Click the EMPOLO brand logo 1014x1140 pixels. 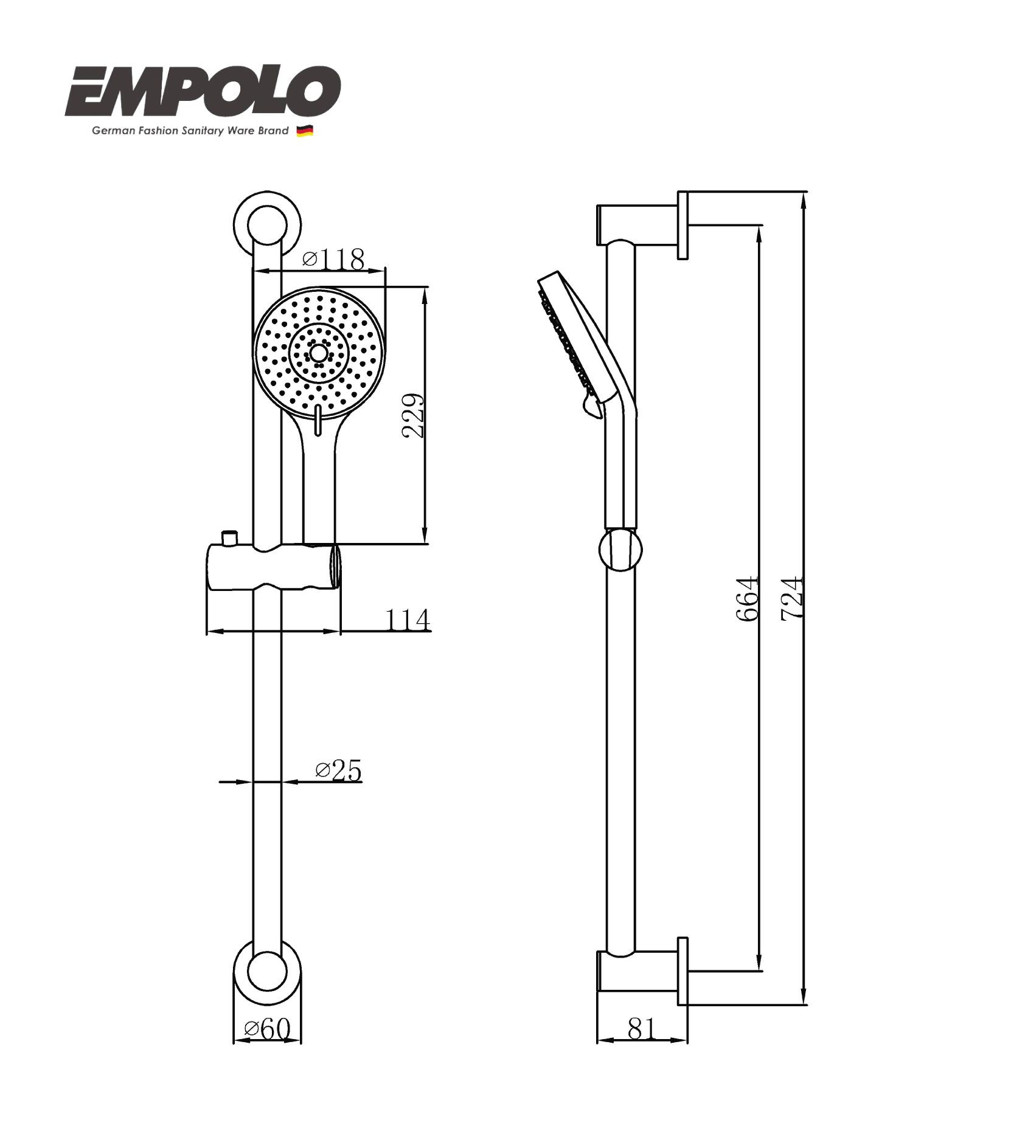point(203,91)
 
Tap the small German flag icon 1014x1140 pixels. point(304,131)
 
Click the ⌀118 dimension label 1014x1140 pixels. point(333,259)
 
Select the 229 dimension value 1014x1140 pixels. point(413,415)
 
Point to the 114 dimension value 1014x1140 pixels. point(408,620)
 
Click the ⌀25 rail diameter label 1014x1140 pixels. point(338,770)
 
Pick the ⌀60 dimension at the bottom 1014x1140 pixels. point(267,1029)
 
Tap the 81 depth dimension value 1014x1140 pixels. point(642,1029)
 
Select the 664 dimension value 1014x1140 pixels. point(748,599)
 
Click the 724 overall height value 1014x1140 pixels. point(792,599)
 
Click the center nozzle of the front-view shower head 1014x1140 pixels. point(318,353)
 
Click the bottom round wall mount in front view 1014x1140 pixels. point(267,972)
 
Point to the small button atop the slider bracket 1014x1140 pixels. point(230,537)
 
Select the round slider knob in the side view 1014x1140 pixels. point(620,549)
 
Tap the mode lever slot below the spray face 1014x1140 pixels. point(318,421)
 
